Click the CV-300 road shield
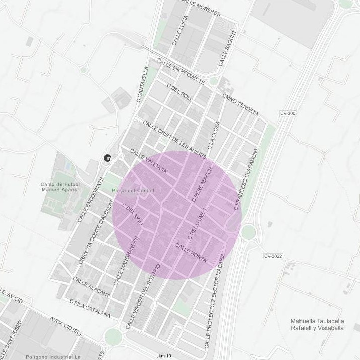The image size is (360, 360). point(287,113)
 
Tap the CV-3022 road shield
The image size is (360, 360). point(273,256)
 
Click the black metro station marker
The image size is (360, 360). point(108,158)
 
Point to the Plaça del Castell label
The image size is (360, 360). point(133,190)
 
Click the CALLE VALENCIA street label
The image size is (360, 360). point(148,161)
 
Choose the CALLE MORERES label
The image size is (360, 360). point(201,7)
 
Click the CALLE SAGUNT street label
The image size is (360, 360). point(227,48)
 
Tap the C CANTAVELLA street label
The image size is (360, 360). point(143,85)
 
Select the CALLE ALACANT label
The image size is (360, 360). point(91,286)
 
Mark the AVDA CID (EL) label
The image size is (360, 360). point(66,326)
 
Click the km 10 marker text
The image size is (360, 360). point(164,356)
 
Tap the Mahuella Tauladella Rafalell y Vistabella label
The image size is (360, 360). point(318,324)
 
